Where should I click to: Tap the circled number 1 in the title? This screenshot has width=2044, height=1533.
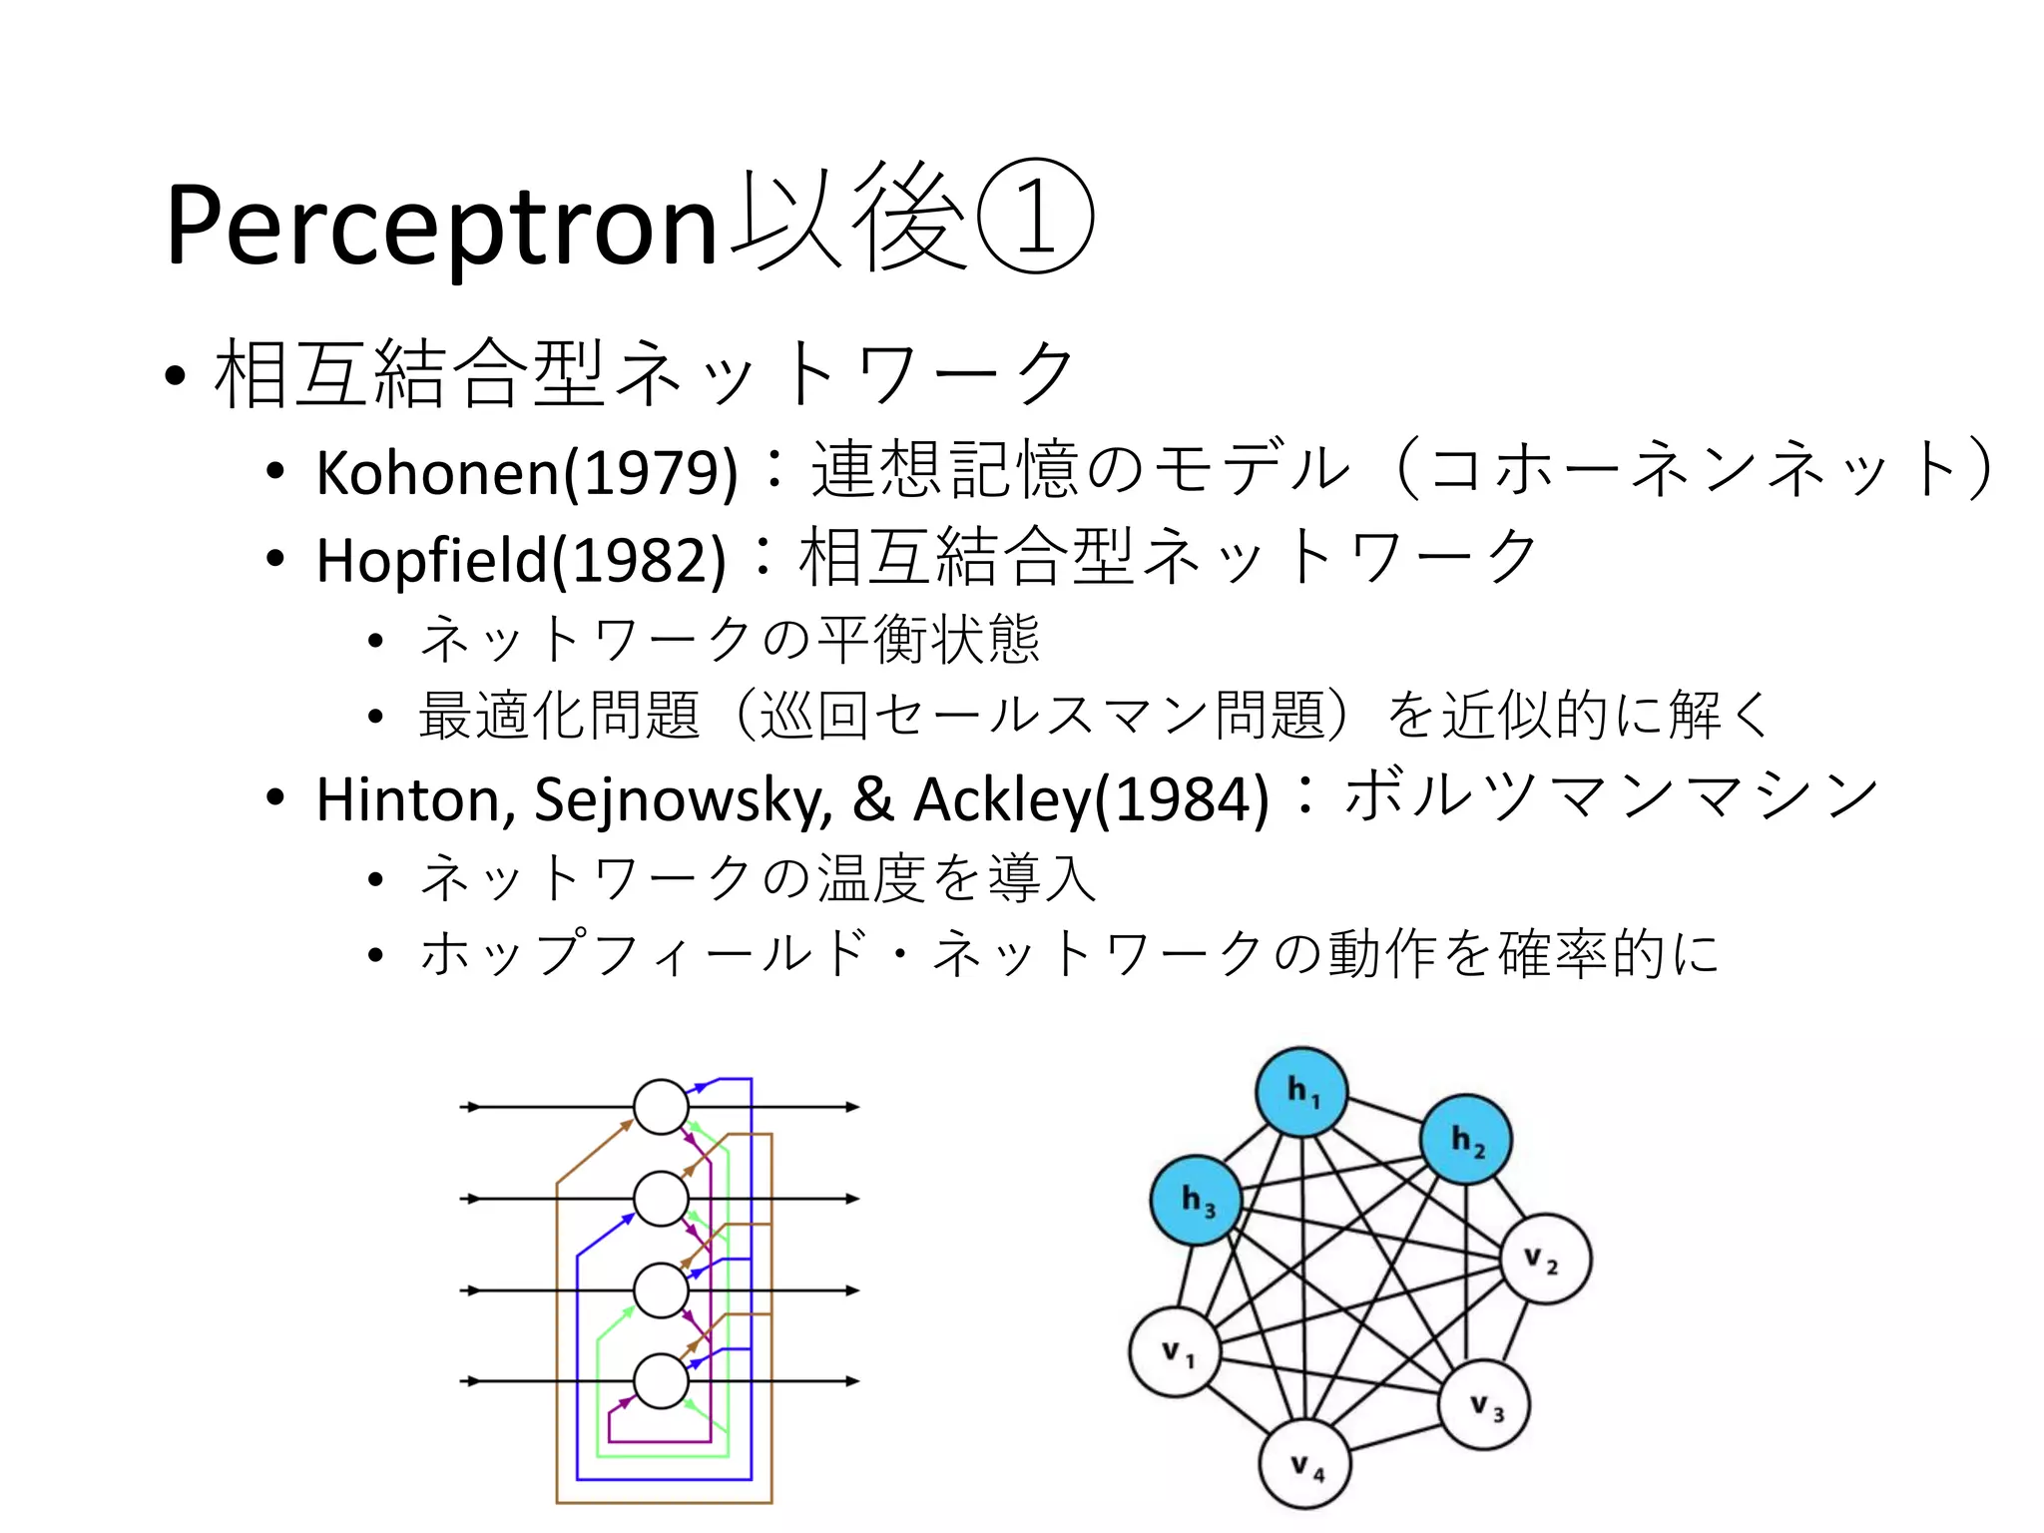[x=1034, y=217]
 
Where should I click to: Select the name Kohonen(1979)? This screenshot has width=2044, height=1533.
[x=527, y=472]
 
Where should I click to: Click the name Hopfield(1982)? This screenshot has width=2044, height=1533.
[x=521, y=560]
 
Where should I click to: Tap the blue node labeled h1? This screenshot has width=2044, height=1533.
[x=1301, y=1092]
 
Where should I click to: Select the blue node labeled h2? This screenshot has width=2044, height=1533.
[x=1466, y=1140]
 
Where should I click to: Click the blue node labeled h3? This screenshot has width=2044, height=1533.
[x=1197, y=1199]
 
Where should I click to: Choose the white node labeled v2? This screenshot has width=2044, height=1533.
[x=1545, y=1260]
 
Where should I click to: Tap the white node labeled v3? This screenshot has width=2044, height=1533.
[x=1484, y=1405]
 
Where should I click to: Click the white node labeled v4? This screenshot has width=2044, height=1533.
[x=1305, y=1465]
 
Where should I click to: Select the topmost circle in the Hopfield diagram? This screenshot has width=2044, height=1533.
[x=661, y=1107]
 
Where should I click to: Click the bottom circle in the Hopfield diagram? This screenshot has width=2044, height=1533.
[x=661, y=1381]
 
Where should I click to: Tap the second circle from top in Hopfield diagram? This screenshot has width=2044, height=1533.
[x=661, y=1199]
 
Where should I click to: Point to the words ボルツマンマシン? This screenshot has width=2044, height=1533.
[x=1611, y=796]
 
